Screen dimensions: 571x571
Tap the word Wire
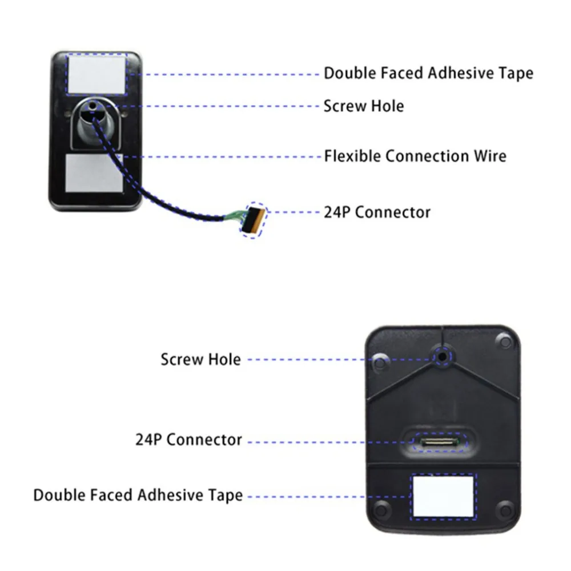pos(490,156)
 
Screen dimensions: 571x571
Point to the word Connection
pos(427,156)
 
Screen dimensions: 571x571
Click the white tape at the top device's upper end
pos(97,74)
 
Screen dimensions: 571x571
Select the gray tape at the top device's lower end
pos(94,173)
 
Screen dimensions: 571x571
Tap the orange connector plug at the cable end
pos(254,220)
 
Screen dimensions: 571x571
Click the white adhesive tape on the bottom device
pos(444,497)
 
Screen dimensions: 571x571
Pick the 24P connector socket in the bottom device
pos(439,442)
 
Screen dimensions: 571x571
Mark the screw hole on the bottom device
pos(442,356)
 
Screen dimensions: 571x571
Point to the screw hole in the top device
pos(93,106)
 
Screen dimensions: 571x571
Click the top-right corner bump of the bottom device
pos(504,341)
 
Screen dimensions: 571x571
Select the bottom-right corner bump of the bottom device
pos(505,509)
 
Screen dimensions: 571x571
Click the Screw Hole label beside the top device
pos(364,106)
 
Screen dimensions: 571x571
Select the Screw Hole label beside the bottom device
pos(200,359)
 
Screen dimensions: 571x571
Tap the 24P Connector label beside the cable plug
pos(377,212)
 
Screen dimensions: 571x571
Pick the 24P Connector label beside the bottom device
pos(188,440)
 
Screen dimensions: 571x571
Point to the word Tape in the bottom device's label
pos(226,496)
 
